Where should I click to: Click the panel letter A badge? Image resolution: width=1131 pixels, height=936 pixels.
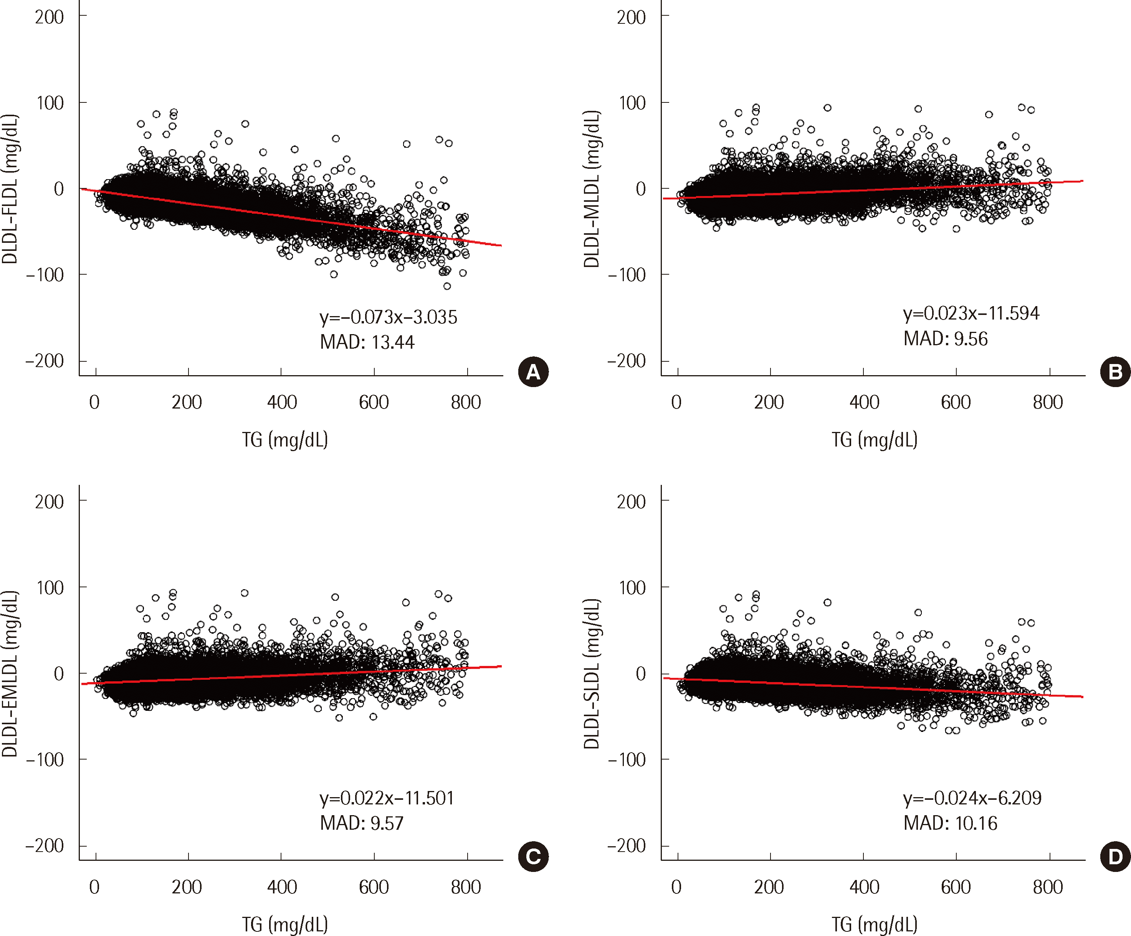[x=532, y=372]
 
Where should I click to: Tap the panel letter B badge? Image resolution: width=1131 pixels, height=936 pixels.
[x=1115, y=372]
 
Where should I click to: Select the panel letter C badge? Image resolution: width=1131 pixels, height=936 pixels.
[x=532, y=856]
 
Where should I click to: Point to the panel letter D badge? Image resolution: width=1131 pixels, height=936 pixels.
[x=1115, y=856]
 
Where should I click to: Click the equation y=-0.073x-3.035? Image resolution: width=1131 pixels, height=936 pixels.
[x=388, y=317]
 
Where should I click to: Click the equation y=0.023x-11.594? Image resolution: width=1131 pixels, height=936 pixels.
[x=971, y=313]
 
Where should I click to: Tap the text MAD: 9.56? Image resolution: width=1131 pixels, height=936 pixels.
[x=945, y=339]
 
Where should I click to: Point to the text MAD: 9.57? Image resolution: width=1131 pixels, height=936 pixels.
[x=361, y=823]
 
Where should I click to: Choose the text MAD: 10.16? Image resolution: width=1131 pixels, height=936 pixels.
[x=950, y=823]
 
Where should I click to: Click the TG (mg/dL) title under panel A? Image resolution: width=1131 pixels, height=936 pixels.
[x=284, y=440]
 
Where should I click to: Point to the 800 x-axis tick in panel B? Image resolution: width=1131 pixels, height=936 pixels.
[x=1048, y=402]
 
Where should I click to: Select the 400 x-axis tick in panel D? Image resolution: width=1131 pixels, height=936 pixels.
[x=864, y=887]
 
